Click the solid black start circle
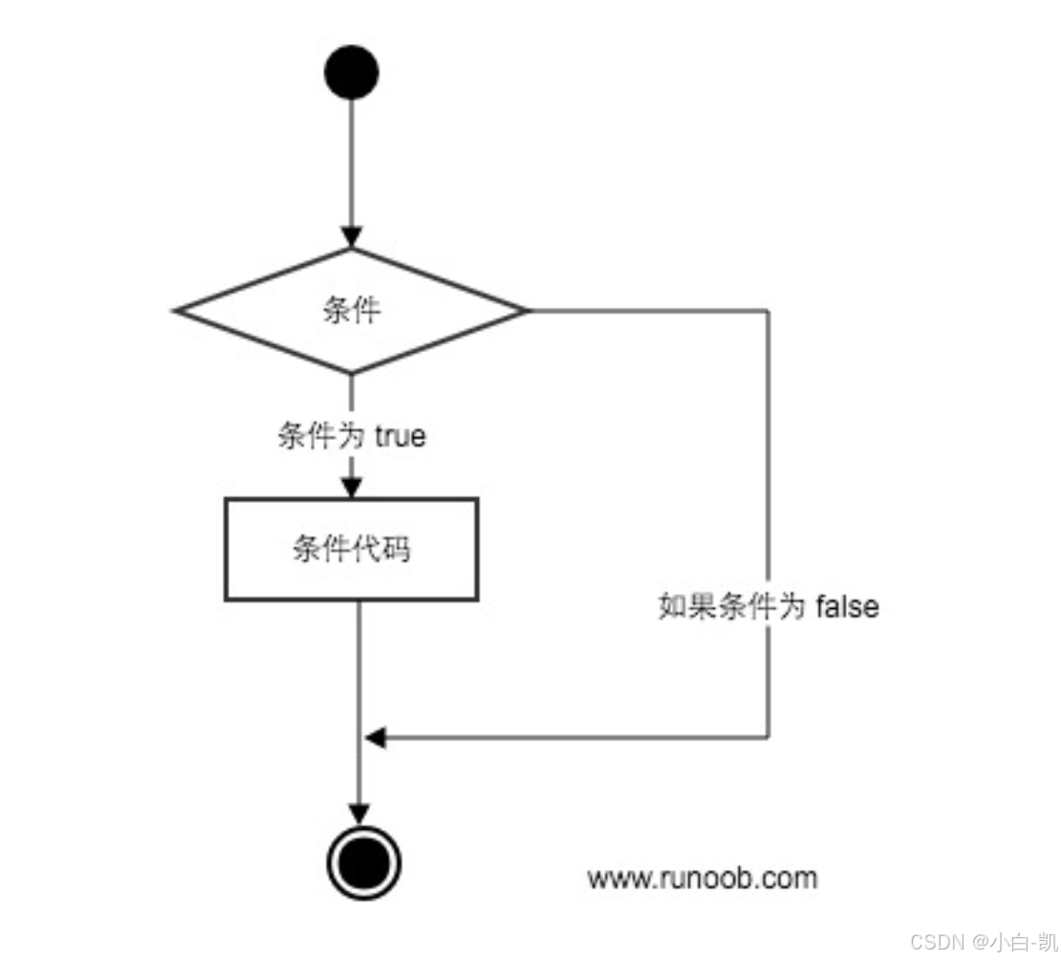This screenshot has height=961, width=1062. click(x=352, y=73)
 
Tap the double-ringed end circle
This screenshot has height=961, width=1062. click(x=363, y=863)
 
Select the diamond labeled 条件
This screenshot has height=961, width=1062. click(x=351, y=311)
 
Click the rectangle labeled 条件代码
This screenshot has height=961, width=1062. click(x=351, y=550)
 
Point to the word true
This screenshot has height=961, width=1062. click(x=400, y=437)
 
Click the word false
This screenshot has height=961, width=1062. click(x=847, y=606)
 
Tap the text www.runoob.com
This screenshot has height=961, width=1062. click(x=703, y=878)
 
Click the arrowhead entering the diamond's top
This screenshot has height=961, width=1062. click(x=352, y=237)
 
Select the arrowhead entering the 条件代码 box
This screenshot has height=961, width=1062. click(x=352, y=487)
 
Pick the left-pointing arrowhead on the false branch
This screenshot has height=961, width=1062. click(x=376, y=737)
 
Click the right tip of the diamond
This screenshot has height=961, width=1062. click(x=525, y=311)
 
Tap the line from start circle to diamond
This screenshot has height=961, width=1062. click(x=352, y=163)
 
